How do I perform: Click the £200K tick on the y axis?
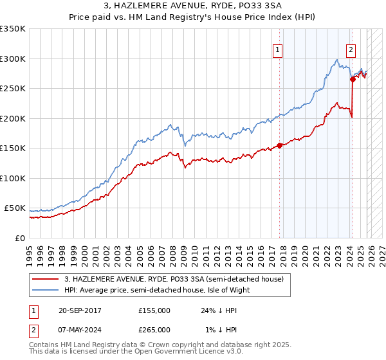[13, 118]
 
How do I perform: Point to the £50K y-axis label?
[15, 208]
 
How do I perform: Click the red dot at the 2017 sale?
[279, 145]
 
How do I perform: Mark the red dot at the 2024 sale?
[353, 80]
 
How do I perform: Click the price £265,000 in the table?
[154, 329]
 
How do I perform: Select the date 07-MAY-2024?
[80, 329]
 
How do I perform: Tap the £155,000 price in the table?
[154, 310]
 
